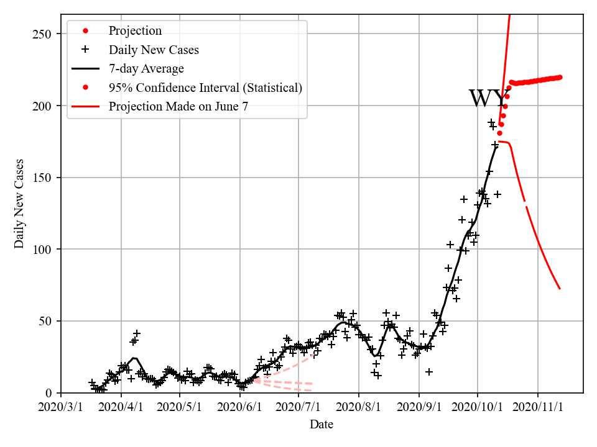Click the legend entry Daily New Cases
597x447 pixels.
coord(154,50)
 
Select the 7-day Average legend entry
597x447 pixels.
coord(146,68)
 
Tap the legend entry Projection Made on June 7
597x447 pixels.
coord(178,106)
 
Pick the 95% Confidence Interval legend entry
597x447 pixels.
coord(205,88)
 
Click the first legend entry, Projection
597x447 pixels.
coord(135,31)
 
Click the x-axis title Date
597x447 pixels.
coord(322,425)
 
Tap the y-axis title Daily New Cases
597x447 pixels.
coord(19,204)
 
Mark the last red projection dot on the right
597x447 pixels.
coord(560,77)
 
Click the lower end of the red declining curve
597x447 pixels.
coord(560,289)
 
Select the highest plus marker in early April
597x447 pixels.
coord(137,334)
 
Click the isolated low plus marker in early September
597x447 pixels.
coord(429,371)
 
